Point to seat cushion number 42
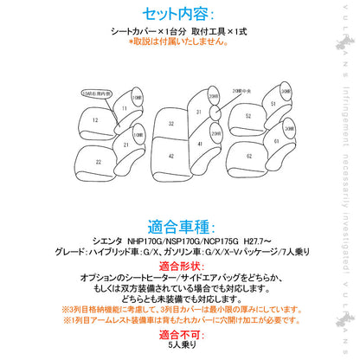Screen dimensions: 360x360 click(170, 156)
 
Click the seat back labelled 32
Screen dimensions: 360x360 click(170, 124)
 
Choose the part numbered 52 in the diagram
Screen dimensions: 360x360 click(247, 116)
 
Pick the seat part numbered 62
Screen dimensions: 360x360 click(247, 157)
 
